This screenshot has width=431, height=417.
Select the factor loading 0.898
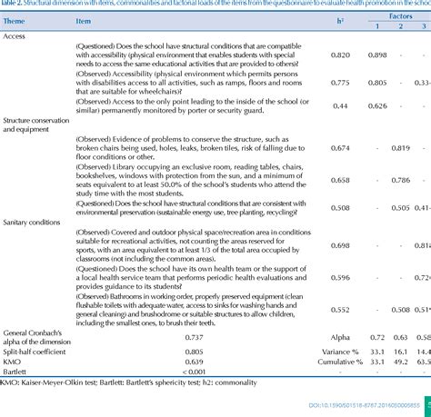pyautogui.click(x=352, y=55)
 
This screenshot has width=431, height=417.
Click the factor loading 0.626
pyautogui.click(x=352, y=106)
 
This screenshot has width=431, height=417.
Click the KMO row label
pyautogui.click(x=13, y=363)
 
